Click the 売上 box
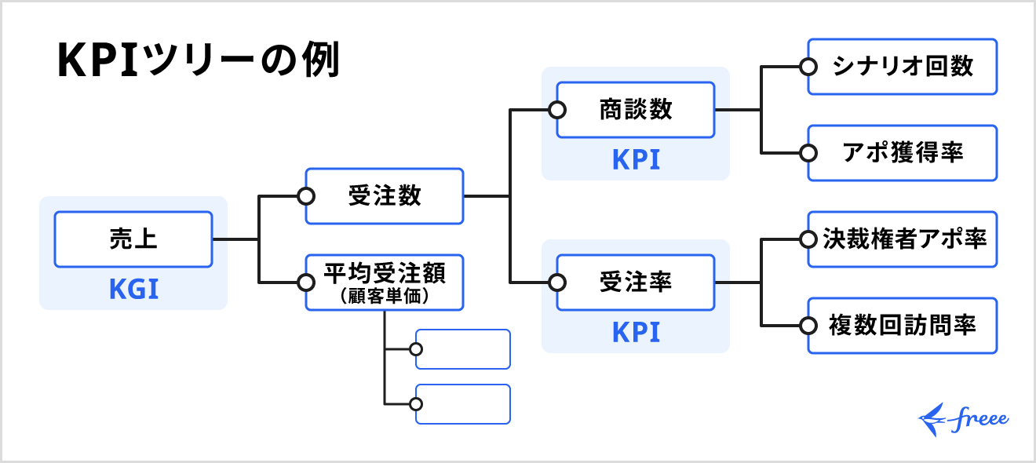133,239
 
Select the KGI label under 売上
133,290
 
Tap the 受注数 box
385,196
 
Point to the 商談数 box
636,110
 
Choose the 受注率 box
636,283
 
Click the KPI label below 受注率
636,332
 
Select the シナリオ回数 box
903,67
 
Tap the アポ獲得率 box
903,153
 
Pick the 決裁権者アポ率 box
903,239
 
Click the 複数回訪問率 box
903,325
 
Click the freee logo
964,421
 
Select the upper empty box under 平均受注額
463,349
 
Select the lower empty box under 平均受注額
463,404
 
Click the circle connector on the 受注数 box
306,196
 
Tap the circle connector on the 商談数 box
557,110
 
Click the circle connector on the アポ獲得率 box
808,153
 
